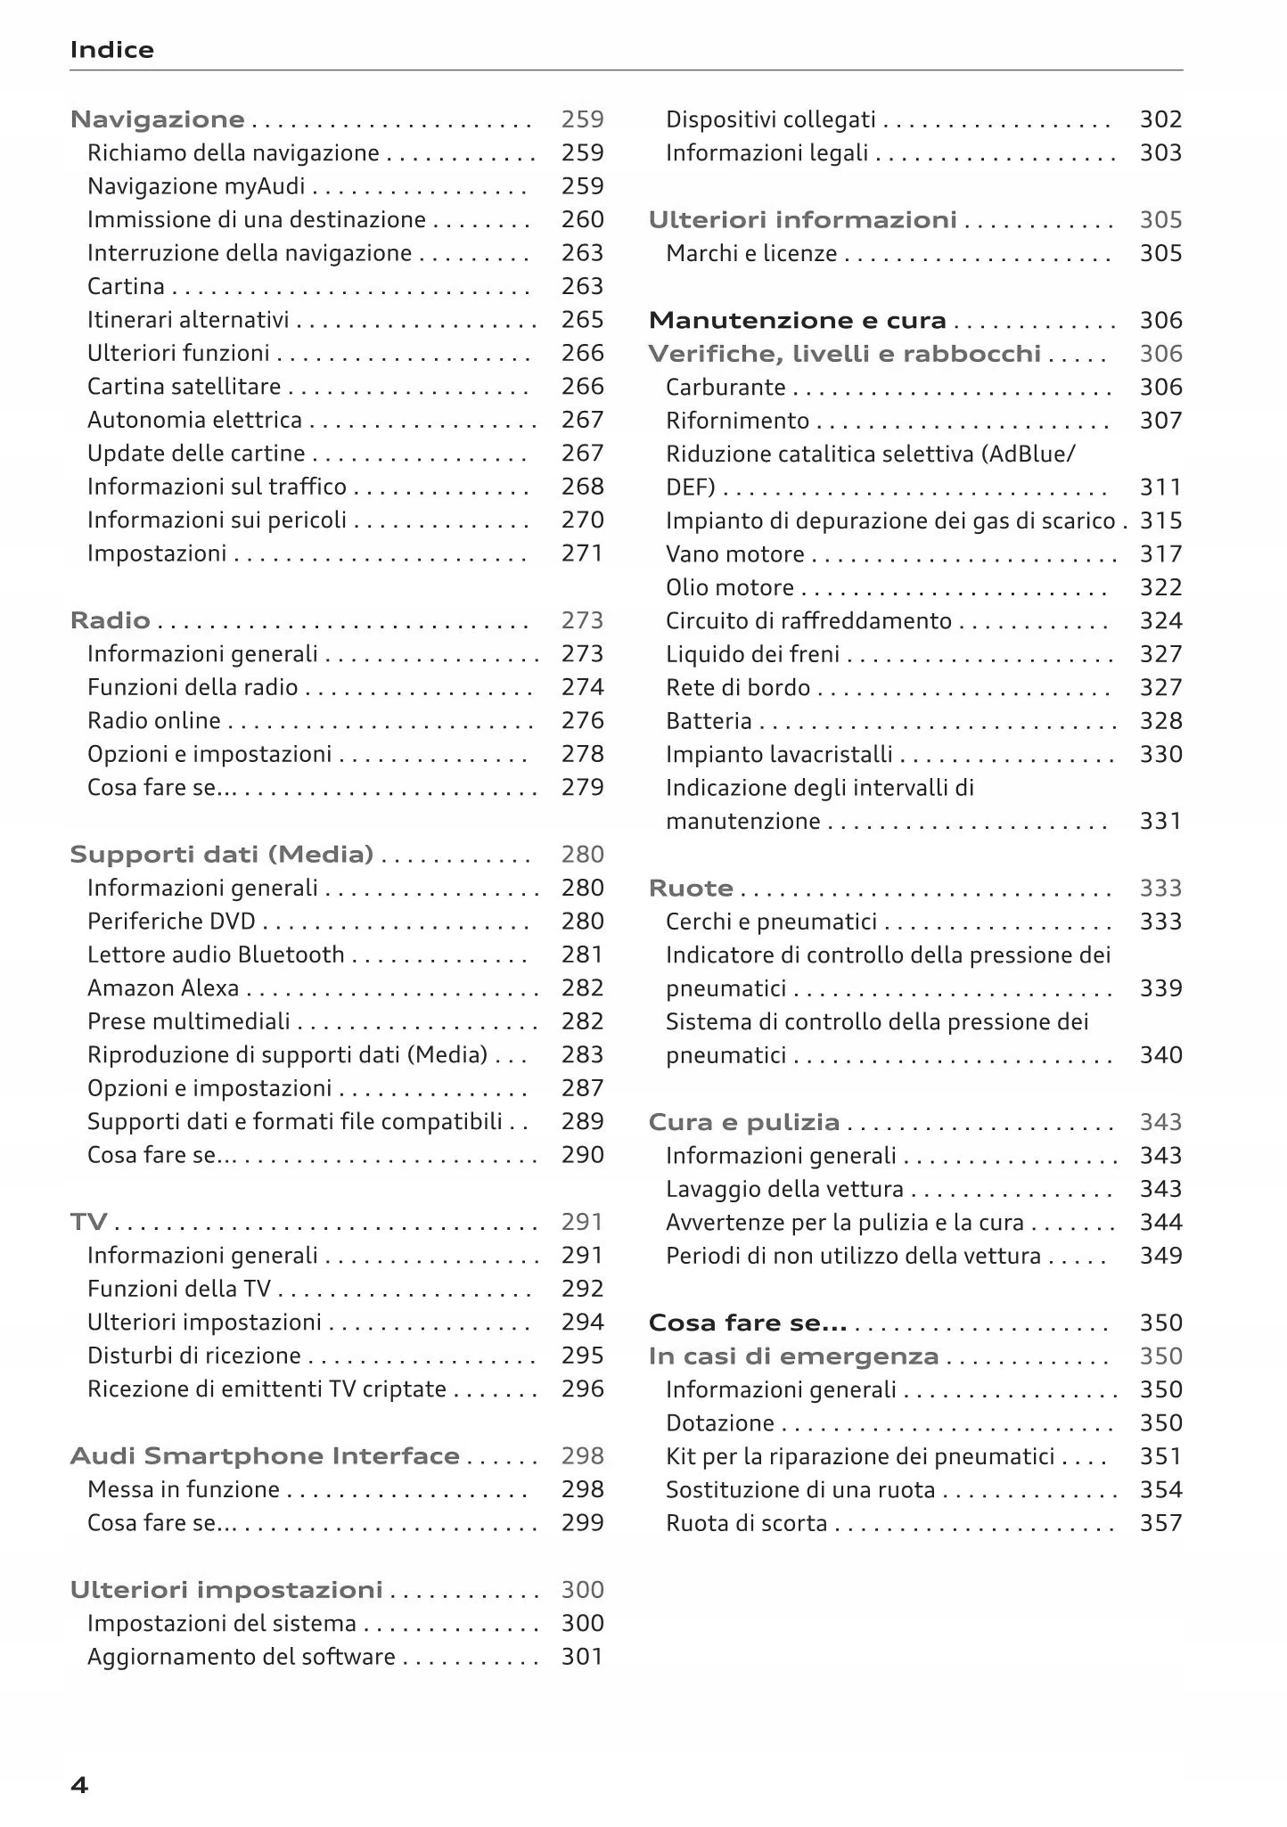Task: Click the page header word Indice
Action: [x=111, y=50]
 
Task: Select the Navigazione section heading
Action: [x=157, y=119]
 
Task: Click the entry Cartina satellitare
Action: [x=184, y=387]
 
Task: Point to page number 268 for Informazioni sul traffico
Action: [x=582, y=487]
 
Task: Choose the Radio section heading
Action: [x=110, y=620]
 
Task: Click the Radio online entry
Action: [x=153, y=721]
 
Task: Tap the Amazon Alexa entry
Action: [x=163, y=988]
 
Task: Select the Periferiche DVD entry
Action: [x=171, y=922]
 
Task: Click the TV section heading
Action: [x=88, y=1222]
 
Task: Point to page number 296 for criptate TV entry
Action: [x=582, y=1389]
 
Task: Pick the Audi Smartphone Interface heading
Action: [x=265, y=1456]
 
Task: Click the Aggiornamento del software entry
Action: [x=241, y=1657]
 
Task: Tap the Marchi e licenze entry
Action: [x=750, y=254]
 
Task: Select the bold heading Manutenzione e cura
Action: [x=797, y=321]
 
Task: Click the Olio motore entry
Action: [x=729, y=588]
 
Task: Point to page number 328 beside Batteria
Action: [x=1160, y=721]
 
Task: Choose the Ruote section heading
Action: [x=691, y=889]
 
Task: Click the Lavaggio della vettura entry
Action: [x=784, y=1190]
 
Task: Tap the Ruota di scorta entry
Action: [x=746, y=1524]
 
